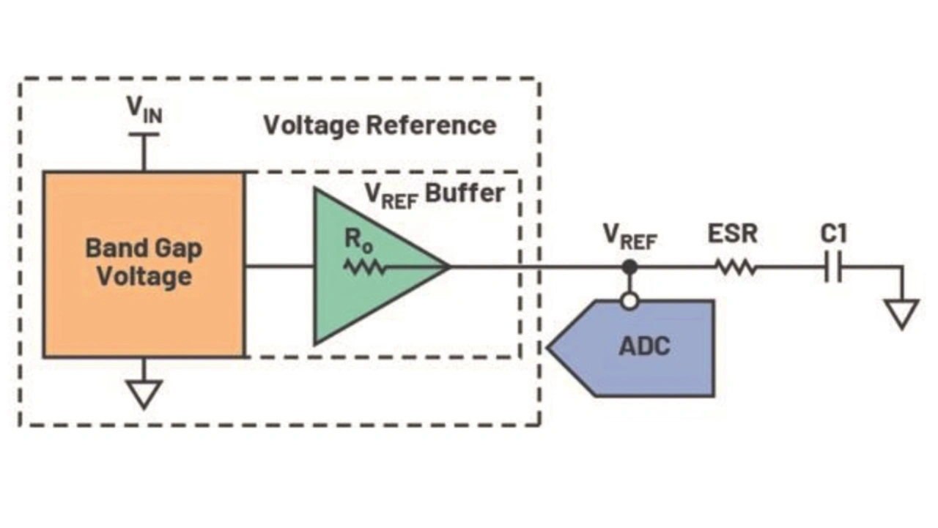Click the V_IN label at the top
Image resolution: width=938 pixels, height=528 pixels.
coord(144,110)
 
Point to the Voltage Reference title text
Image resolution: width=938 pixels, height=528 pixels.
coord(380,125)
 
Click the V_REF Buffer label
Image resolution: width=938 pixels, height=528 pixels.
coord(435,194)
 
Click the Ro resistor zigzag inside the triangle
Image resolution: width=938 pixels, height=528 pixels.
coord(365,267)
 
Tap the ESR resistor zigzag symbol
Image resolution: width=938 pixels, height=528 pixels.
coord(736,267)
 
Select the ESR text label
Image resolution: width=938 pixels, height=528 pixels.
coord(732,234)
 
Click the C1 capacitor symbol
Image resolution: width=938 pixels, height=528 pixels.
coord(833,269)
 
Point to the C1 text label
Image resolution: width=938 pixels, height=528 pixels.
coord(833,234)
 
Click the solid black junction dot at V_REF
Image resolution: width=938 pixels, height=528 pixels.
coord(629,267)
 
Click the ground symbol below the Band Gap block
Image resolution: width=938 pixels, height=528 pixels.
coord(144,393)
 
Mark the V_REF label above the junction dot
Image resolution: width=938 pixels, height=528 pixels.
coord(629,236)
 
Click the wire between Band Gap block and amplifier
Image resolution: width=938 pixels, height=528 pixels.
coord(278,266)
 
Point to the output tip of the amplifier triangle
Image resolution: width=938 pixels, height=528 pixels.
coord(446,267)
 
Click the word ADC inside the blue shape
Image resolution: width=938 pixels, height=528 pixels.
coord(644,346)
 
